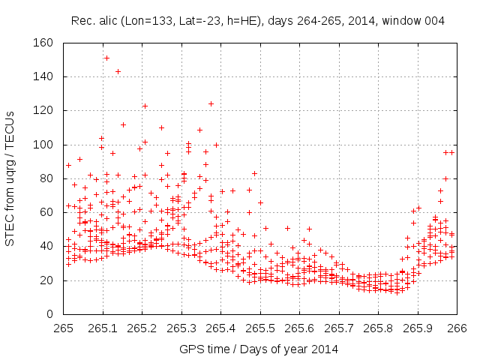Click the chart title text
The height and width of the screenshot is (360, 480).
pos(258,21)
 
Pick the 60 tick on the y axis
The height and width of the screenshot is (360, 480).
pos(46,212)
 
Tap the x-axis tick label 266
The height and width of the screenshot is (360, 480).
pos(457,328)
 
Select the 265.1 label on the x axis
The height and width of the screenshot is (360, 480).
pos(103,328)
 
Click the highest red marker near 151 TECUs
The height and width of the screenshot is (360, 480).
pos(106,58)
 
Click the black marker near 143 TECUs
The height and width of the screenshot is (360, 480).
pos(118,71)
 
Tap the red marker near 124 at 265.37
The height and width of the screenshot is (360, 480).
pos(211,103)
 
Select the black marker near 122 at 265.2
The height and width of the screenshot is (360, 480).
pos(145,106)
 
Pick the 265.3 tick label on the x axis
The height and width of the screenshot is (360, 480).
pos(181,328)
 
